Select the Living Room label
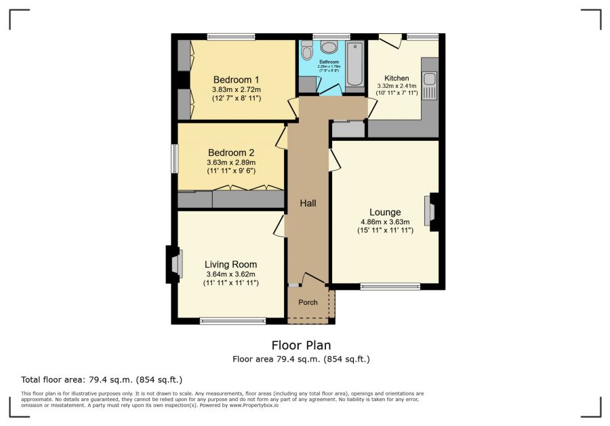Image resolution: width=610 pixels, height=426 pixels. point(231,264)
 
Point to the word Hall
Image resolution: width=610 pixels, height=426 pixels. point(308,203)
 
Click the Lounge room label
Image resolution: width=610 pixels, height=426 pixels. point(385,212)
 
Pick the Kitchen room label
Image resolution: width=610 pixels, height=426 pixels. point(397,77)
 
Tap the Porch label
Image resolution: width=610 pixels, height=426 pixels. point(308,302)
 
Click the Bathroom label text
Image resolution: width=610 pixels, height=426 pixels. point(329,62)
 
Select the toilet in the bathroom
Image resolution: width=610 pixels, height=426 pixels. point(307,50)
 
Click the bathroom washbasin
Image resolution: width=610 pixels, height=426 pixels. point(329,47)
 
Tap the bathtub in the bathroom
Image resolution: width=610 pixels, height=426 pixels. point(354,65)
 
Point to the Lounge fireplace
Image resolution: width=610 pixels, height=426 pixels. point(431,210)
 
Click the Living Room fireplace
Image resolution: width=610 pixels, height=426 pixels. point(174,264)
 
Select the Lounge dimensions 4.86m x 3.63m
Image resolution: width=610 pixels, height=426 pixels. point(385,221)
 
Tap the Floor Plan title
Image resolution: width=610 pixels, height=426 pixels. point(302,345)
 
